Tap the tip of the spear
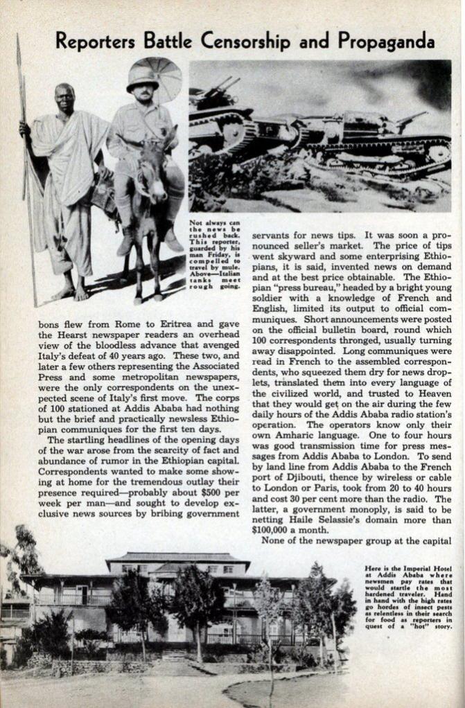pyautogui.click(x=19, y=42)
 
